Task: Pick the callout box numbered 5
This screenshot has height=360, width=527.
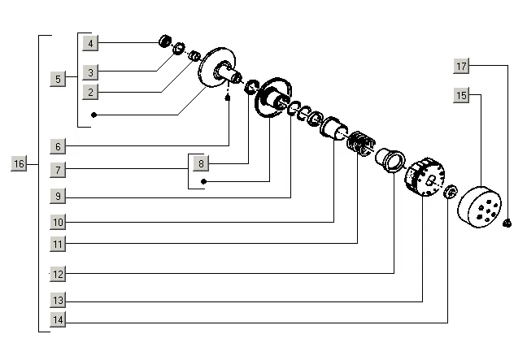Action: (x=58, y=79)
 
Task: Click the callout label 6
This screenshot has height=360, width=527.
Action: (x=58, y=147)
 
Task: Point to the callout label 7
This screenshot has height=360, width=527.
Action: (x=58, y=170)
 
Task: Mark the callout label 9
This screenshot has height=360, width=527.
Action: (x=58, y=196)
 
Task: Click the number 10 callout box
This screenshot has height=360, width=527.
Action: (x=58, y=221)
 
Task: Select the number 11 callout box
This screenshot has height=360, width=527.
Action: (x=58, y=243)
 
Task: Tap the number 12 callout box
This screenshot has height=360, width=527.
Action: (x=58, y=274)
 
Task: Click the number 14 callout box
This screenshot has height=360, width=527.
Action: (x=58, y=320)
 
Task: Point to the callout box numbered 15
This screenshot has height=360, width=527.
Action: (x=461, y=95)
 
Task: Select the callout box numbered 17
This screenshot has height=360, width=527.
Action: (x=461, y=65)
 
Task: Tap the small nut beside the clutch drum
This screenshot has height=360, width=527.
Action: (x=507, y=222)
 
